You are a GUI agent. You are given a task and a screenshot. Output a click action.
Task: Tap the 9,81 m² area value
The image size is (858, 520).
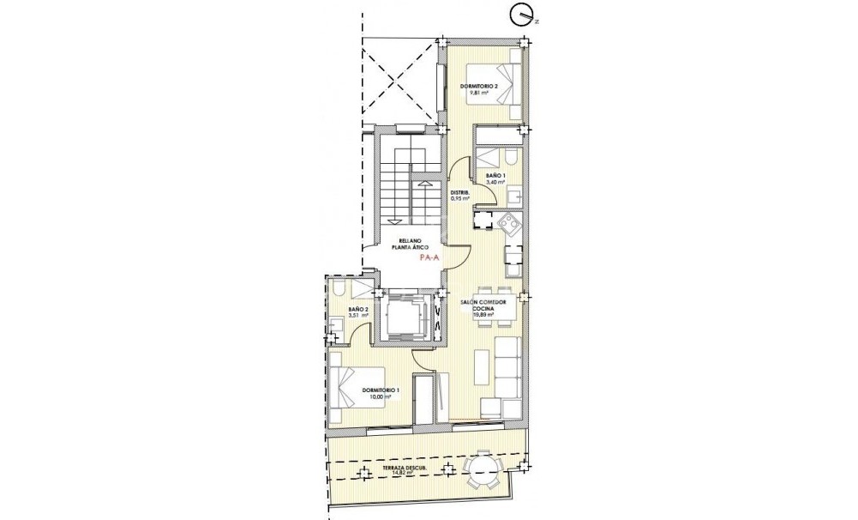tap(472, 93)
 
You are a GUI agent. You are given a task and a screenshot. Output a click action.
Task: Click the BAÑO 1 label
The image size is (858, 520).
tap(496, 176)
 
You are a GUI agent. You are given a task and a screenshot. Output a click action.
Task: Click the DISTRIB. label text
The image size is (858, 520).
tap(460, 192)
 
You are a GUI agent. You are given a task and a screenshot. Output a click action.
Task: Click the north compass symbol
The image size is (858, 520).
tap(520, 14)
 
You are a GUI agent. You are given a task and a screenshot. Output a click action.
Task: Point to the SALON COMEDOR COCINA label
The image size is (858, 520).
tap(482, 304)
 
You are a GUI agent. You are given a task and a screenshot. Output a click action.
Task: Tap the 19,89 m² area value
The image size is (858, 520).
tap(483, 315)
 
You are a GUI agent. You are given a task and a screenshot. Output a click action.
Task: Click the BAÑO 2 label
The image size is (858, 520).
tap(358, 309)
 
